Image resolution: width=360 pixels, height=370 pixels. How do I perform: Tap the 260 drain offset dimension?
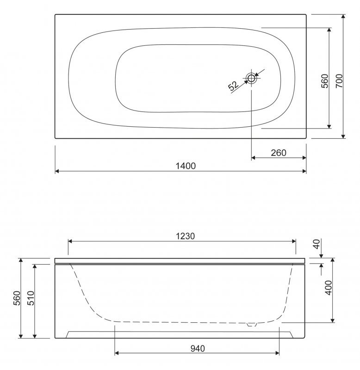[278, 153]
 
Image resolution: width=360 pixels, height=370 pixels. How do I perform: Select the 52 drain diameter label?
[233, 85]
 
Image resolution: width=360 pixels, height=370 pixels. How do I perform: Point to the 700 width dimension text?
[338, 81]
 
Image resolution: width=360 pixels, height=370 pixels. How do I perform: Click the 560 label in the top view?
[324, 81]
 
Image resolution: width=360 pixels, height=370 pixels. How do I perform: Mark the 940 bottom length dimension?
[197, 348]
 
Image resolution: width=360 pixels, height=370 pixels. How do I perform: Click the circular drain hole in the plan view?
[251, 78]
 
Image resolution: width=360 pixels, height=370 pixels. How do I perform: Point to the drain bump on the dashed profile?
[251, 324]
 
